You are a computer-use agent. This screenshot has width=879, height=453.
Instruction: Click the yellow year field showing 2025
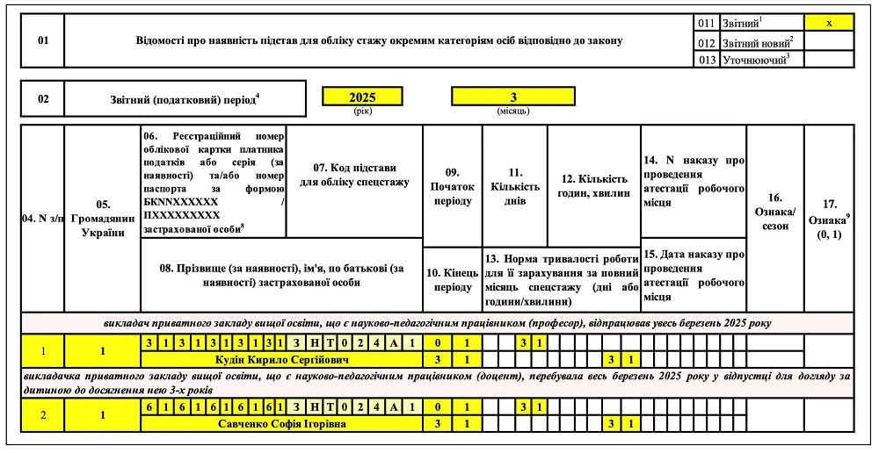362,97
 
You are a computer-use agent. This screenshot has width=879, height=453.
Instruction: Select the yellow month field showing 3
512,97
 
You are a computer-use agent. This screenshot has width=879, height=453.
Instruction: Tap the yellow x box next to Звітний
828,23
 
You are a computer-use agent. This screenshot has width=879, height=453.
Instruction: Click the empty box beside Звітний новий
828,41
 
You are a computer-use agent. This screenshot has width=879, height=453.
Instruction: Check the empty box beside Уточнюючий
828,60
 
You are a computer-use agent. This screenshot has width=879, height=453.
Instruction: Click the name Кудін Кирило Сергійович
281,360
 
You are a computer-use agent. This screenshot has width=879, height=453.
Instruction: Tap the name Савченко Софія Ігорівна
281,424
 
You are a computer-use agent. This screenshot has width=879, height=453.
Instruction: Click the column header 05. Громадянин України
103,219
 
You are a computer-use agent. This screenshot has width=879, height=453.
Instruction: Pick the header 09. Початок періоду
452,186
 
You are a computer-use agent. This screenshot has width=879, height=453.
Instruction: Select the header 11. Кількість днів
514,186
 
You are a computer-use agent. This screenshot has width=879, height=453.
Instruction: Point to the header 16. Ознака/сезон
774,205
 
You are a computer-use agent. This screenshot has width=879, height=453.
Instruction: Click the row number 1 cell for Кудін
43,351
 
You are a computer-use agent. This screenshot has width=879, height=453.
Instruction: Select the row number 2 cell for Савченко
43,415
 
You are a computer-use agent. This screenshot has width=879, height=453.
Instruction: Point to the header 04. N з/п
43,219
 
